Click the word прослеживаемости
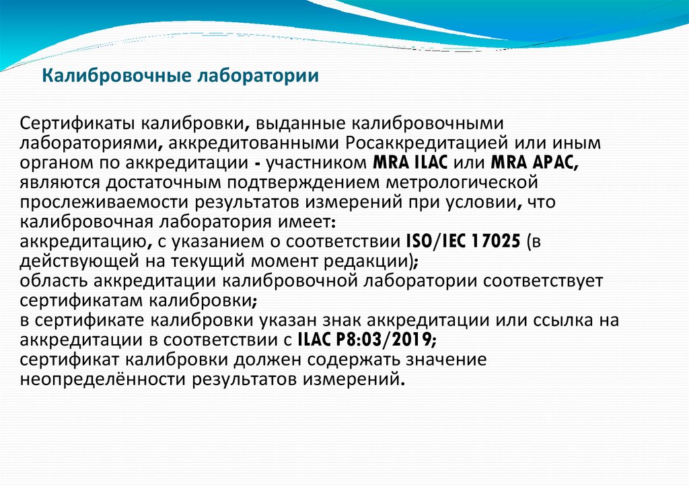pyautogui.click(x=104, y=202)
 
